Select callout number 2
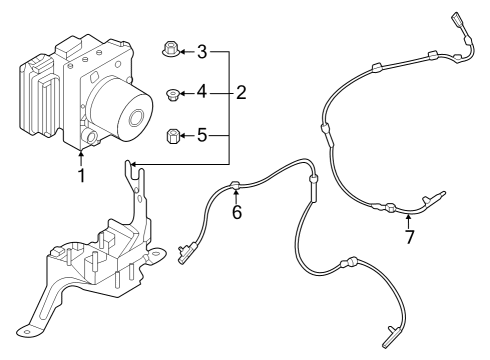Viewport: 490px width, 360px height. pyautogui.click(x=241, y=93)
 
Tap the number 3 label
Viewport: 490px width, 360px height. pyautogui.click(x=201, y=51)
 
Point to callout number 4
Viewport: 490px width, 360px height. pyautogui.click(x=201, y=93)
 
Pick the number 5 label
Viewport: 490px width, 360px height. pyautogui.click(x=201, y=133)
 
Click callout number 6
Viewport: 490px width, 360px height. pyautogui.click(x=236, y=212)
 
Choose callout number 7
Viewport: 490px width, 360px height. pyautogui.click(x=408, y=236)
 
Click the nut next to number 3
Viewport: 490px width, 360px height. pyautogui.click(x=169, y=49)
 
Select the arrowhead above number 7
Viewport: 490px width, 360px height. pyautogui.click(x=408, y=214)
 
